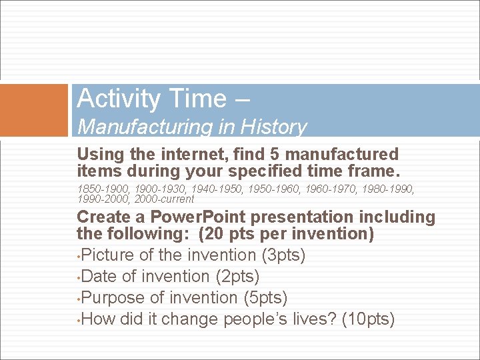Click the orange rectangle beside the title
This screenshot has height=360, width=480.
34,109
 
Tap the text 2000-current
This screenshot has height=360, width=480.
164,199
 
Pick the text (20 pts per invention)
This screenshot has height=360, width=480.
285,235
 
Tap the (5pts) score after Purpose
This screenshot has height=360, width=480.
267,297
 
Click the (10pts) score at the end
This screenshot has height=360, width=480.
368,319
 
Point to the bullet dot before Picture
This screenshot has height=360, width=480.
79,256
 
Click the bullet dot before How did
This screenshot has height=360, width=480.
79,320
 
